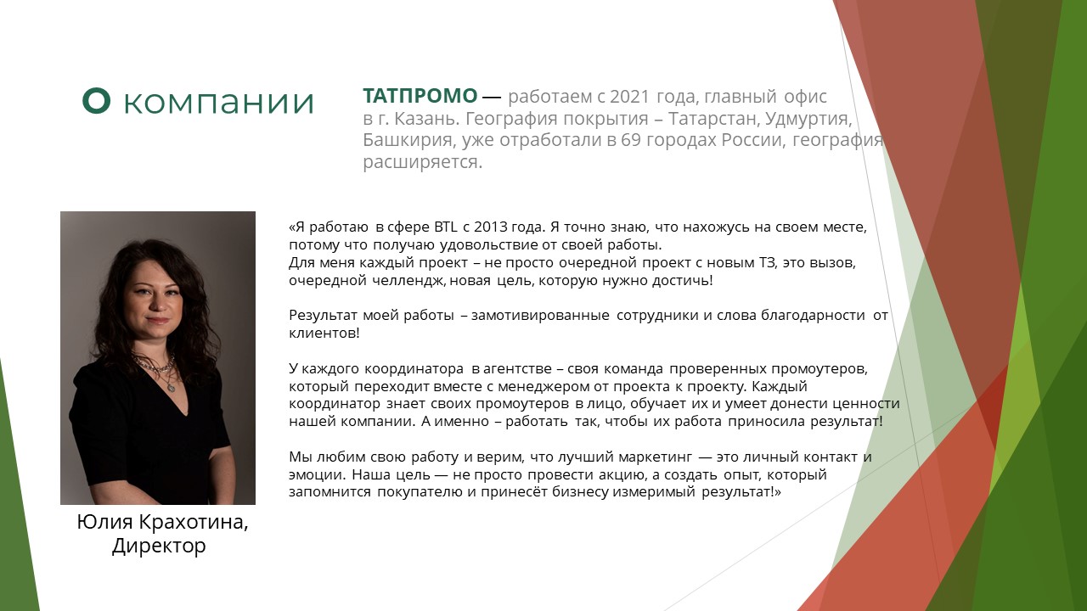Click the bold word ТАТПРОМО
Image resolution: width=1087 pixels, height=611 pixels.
[420, 96]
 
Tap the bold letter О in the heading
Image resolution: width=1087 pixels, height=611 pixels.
[96, 101]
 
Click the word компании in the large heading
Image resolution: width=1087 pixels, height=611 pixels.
[219, 103]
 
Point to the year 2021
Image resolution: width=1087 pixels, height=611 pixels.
[629, 97]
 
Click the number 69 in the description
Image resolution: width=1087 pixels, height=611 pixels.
[631, 140]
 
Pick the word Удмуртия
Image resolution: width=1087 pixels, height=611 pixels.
[808, 120]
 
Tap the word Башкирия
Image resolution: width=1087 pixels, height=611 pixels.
[408, 141]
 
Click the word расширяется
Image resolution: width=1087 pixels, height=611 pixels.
[423, 162]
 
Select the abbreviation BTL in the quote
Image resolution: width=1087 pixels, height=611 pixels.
[446, 227]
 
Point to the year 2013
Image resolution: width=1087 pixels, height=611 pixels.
[491, 227]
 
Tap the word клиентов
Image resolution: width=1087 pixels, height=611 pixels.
[324, 334]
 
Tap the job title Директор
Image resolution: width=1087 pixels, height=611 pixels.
[159, 547]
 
